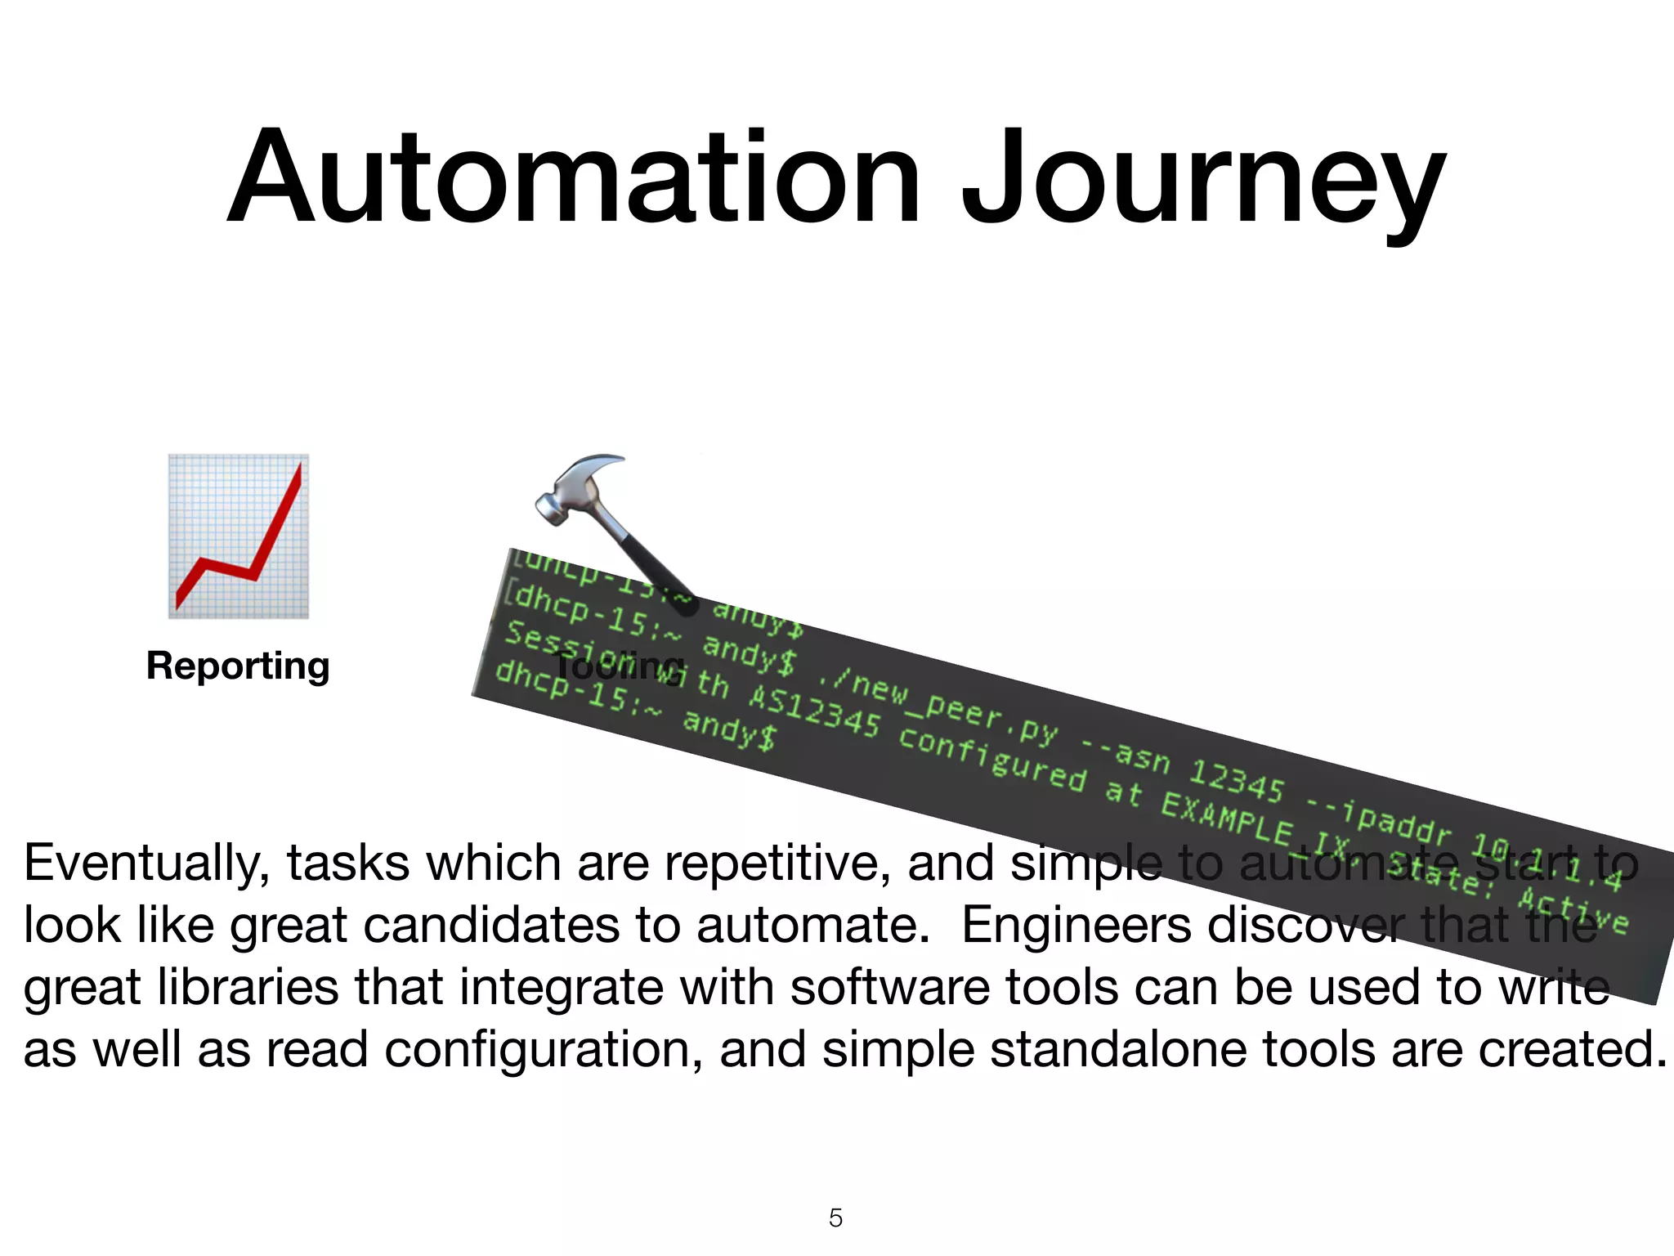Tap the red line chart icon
[239, 536]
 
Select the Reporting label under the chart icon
[238, 666]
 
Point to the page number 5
[835, 1218]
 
